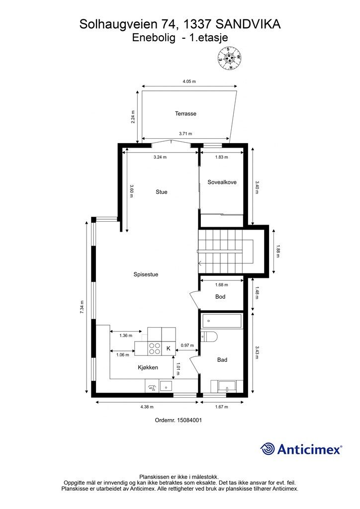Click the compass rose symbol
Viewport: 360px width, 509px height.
coord(230,59)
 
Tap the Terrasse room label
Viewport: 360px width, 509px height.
coord(185,114)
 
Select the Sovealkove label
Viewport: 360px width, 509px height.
coord(222,182)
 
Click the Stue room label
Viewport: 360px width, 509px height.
coord(161,192)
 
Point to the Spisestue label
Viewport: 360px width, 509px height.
coord(146,274)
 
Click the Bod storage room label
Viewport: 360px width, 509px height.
coord(220,297)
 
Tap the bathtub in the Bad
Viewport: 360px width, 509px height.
coord(221,321)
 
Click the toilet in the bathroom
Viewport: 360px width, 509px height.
coord(209,337)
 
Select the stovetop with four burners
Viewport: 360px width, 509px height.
coord(155,348)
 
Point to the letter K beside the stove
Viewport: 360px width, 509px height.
coord(169,348)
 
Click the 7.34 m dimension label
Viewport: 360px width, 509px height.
coord(82,307)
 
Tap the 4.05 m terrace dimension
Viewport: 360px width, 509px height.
coord(189,82)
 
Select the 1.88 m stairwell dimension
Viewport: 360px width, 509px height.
coord(277,251)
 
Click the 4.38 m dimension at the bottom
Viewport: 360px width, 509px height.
coord(147,407)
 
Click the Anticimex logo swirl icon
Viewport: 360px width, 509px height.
coord(268,449)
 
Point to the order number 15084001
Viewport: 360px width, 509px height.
coord(189,420)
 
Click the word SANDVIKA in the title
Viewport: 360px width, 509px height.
coord(248,24)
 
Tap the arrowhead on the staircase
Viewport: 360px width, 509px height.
coord(199,263)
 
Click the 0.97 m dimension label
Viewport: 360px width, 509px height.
coord(187,345)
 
